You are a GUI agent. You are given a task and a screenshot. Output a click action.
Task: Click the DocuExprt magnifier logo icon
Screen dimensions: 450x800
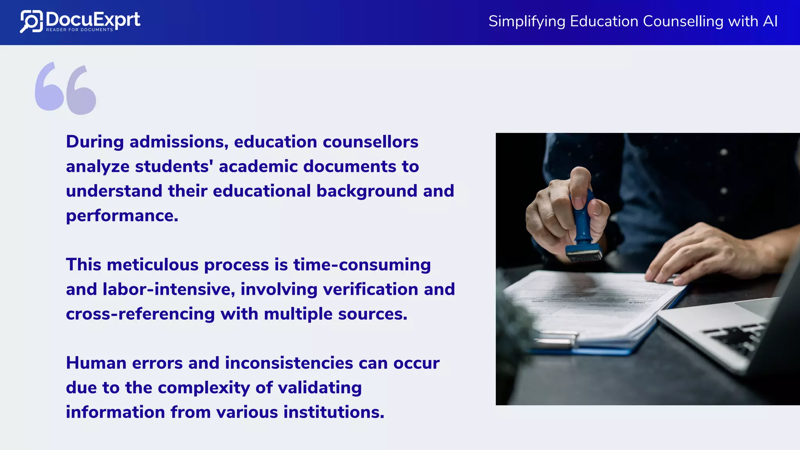31,21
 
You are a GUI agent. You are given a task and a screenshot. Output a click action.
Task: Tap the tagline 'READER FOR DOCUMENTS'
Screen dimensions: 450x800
79,30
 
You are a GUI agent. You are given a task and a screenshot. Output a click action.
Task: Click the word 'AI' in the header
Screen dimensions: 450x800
770,21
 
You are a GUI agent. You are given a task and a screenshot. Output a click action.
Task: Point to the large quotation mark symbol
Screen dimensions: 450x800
66,88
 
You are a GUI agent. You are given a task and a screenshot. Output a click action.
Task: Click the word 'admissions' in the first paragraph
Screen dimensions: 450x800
179,142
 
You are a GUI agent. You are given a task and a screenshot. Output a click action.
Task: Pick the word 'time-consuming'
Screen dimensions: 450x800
362,265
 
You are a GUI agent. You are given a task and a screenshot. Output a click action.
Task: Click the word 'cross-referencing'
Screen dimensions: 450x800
140,314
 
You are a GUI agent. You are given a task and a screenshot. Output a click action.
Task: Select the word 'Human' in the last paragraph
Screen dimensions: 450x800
96,363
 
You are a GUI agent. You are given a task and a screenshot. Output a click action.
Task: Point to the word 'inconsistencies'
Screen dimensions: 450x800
289,363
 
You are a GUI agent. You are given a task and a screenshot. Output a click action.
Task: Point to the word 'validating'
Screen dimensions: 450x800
320,388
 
